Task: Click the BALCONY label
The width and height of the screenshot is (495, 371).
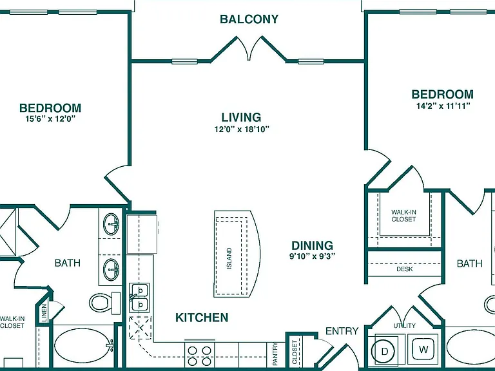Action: click(249, 19)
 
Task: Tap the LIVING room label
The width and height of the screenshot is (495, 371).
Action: click(241, 117)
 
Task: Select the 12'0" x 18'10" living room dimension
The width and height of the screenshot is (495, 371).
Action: click(242, 129)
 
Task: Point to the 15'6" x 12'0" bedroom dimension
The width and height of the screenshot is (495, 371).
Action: click(50, 119)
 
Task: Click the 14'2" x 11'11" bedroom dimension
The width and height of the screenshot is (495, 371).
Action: click(443, 106)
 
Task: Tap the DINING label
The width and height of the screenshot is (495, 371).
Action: click(312, 245)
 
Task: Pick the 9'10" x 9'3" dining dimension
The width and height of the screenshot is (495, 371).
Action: click(312, 256)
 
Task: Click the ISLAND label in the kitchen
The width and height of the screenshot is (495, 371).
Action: click(229, 258)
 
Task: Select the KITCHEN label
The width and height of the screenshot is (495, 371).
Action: click(202, 318)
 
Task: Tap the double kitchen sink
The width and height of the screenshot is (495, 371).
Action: click(139, 298)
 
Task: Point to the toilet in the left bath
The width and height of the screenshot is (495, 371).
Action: click(105, 303)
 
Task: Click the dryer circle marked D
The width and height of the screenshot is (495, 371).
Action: click(384, 351)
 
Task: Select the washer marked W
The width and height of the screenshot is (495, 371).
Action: click(423, 349)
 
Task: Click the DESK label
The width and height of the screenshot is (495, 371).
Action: click(404, 269)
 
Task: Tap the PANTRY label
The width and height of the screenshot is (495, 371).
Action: click(275, 354)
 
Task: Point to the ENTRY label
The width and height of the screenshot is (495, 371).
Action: click(342, 331)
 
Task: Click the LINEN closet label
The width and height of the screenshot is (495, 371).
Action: click(44, 312)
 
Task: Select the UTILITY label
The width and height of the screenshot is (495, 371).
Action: click(404, 325)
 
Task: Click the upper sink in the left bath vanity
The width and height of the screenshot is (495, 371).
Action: click(112, 224)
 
